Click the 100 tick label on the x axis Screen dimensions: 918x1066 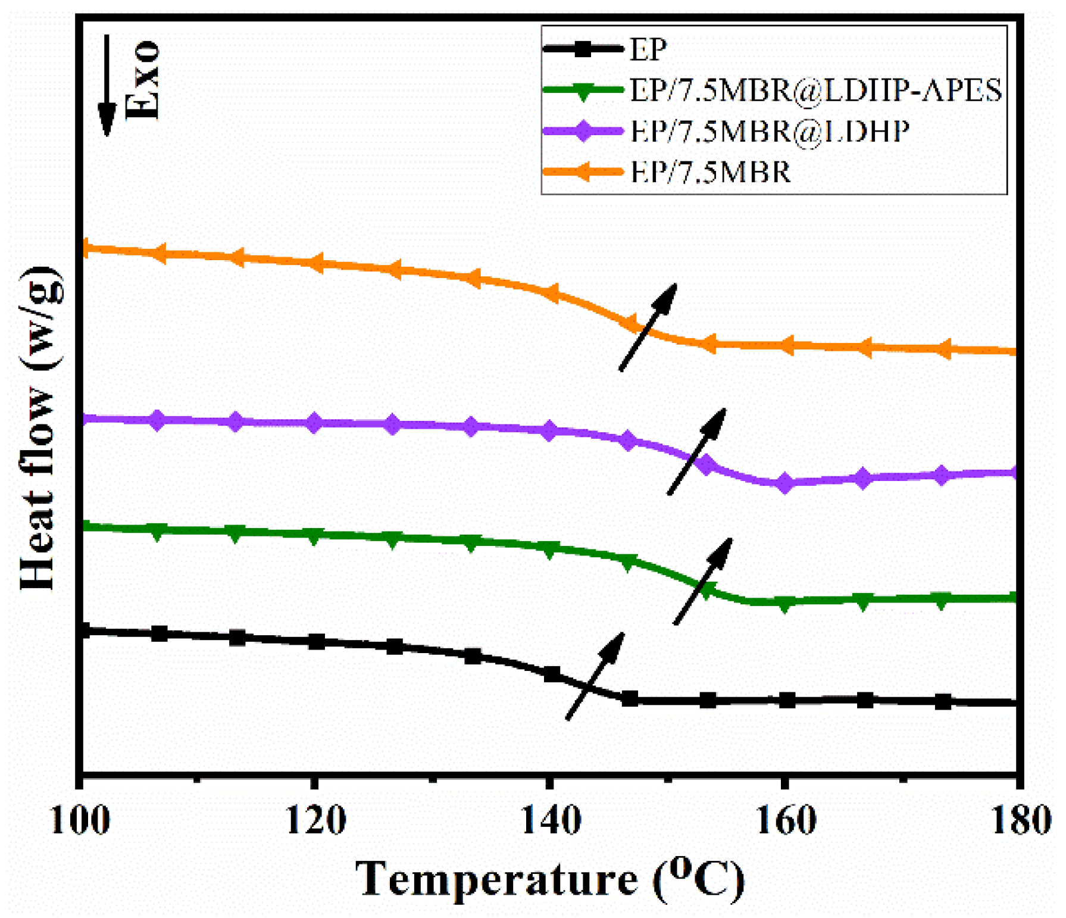[x=80, y=821]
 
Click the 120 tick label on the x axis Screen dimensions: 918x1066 [x=315, y=821]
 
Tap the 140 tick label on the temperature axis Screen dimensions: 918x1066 [x=551, y=821]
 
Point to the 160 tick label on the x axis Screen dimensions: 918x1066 [x=786, y=821]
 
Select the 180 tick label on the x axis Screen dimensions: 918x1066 [x=1020, y=821]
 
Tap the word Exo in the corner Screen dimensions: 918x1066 [x=143, y=80]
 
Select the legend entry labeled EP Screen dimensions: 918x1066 [x=648, y=49]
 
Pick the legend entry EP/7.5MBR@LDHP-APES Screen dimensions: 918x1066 [x=815, y=90]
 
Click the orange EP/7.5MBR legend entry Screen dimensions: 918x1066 [x=710, y=172]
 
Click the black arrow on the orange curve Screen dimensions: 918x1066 [x=648, y=327]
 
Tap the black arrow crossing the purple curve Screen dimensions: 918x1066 [x=696, y=451]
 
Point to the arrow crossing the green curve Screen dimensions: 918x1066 [x=703, y=581]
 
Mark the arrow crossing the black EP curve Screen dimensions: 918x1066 [x=595, y=676]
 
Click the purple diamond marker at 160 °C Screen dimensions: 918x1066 [x=785, y=483]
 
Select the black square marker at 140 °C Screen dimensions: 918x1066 [x=552, y=674]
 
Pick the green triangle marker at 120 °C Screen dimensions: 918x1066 [x=315, y=535]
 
